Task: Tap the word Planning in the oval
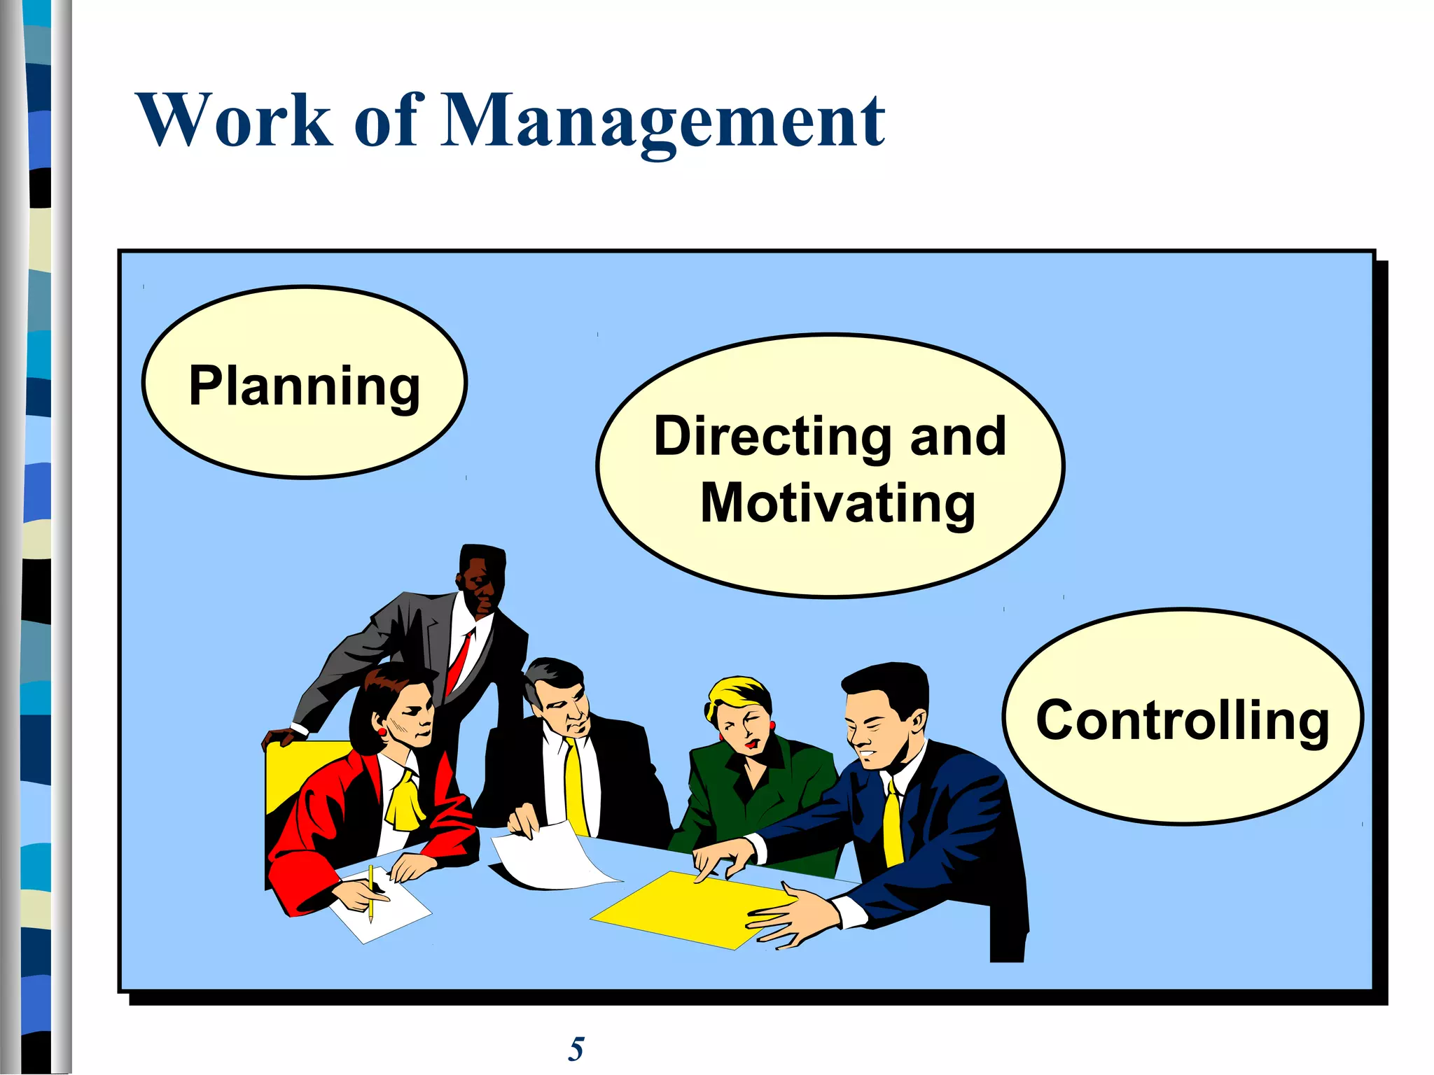tap(305, 386)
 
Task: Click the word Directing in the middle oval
tap(771, 437)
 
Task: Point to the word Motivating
tap(837, 504)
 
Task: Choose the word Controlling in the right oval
tap(1182, 720)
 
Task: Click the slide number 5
tap(576, 1049)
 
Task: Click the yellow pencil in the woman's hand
tap(370, 892)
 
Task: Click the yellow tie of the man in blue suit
tap(892, 826)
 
